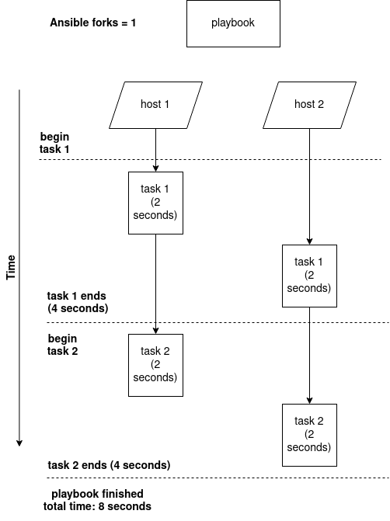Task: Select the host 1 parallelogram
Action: point(155,105)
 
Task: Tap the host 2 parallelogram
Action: point(309,105)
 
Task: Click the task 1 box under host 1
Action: point(155,203)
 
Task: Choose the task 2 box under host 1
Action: point(155,365)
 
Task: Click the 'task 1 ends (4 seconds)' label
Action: point(77,302)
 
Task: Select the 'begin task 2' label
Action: point(63,344)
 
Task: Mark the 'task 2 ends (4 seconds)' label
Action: point(109,465)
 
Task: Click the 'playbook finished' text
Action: point(97,494)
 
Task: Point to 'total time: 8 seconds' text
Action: point(97,506)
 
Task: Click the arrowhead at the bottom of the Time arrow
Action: point(19,443)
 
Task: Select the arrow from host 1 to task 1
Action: point(155,150)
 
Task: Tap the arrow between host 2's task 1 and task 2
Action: point(309,353)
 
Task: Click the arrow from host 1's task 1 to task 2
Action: point(155,283)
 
